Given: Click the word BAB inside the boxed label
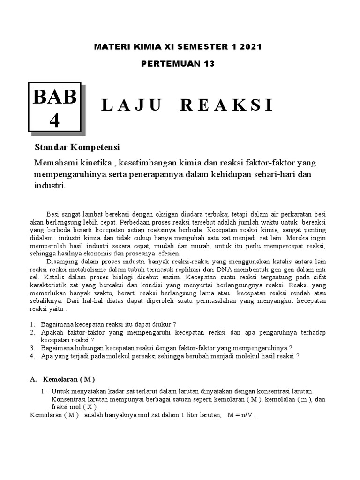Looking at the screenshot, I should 54,97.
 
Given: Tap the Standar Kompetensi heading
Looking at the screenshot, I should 77,148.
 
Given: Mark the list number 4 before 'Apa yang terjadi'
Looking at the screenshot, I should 32,356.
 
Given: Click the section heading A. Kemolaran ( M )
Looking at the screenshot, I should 62,379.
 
